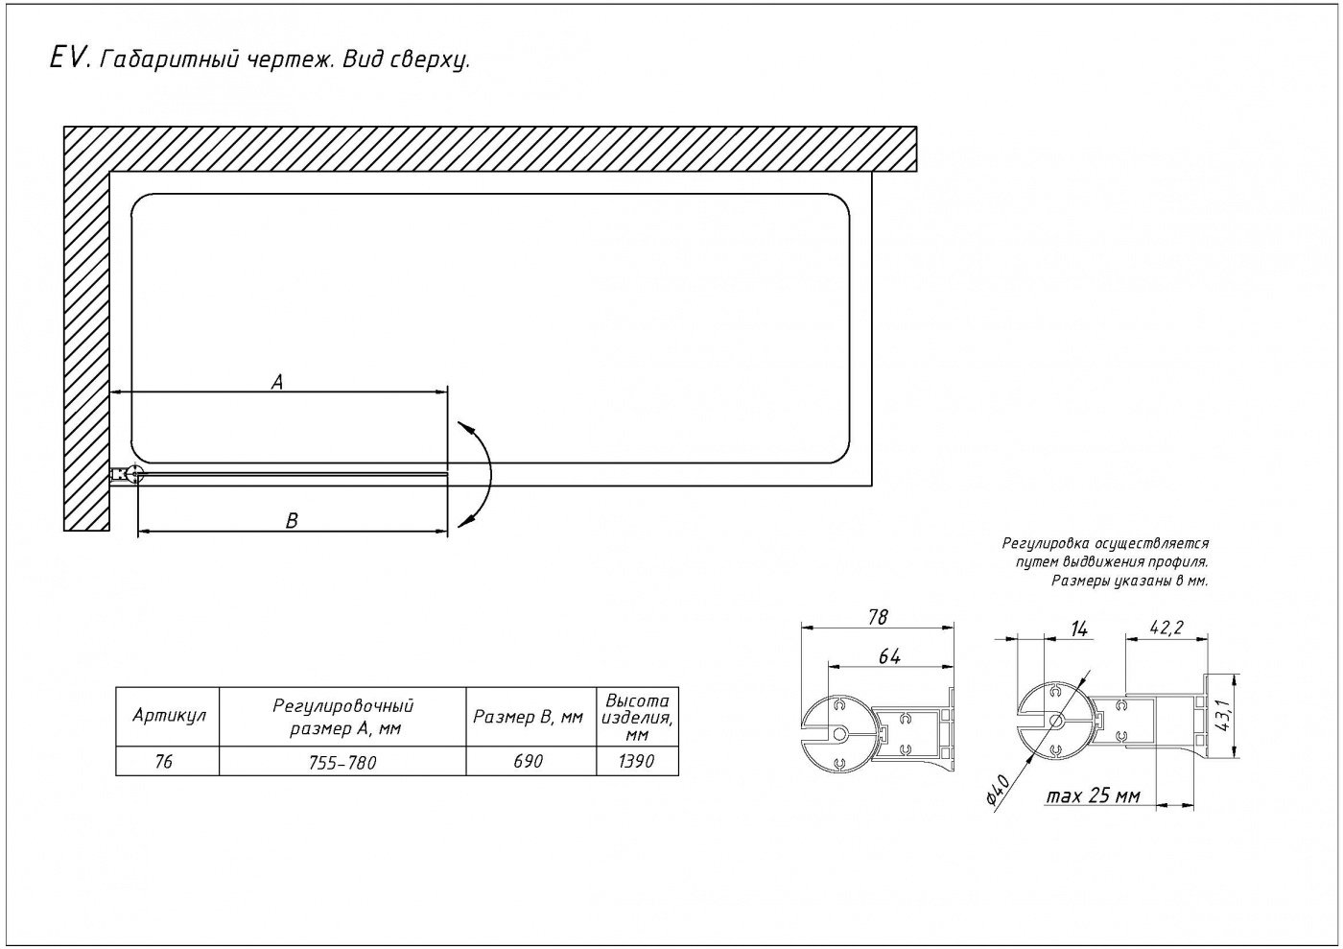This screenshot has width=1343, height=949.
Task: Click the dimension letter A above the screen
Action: pyautogui.click(x=276, y=382)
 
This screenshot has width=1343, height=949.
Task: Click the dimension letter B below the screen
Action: pyautogui.click(x=292, y=520)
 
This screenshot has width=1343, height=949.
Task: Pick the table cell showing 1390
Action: pyautogui.click(x=637, y=762)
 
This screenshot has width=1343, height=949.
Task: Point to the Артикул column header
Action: pyautogui.click(x=169, y=716)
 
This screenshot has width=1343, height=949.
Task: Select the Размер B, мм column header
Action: pyautogui.click(x=528, y=717)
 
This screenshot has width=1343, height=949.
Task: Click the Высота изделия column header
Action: pyautogui.click(x=637, y=717)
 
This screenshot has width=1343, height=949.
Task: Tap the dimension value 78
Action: pyautogui.click(x=877, y=617)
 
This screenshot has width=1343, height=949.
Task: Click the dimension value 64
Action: pyautogui.click(x=889, y=657)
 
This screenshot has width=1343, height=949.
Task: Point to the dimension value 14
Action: pyautogui.click(x=1078, y=629)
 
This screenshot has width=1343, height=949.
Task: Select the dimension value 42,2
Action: pyautogui.click(x=1166, y=628)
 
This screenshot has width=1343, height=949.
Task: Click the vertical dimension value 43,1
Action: pyautogui.click(x=1224, y=715)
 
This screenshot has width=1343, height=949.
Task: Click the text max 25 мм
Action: pyautogui.click(x=1093, y=796)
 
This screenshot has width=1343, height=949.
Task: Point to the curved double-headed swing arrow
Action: pyautogui.click(x=490, y=474)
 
